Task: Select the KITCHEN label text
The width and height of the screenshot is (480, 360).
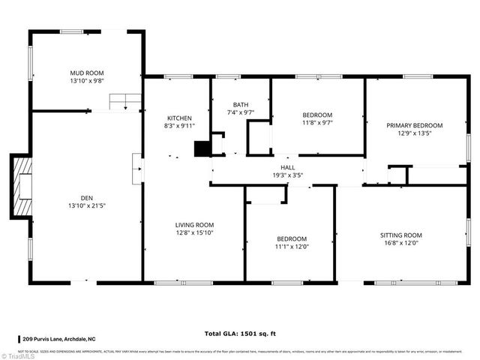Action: (x=179, y=118)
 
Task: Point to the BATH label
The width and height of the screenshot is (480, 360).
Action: (x=240, y=105)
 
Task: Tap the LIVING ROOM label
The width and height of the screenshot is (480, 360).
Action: (x=194, y=224)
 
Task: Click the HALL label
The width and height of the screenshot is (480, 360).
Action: (x=287, y=167)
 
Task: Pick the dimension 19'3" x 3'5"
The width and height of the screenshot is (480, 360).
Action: (x=287, y=175)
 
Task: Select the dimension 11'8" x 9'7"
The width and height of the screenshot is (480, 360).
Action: (x=317, y=122)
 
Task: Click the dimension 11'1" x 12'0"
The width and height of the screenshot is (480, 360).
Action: (x=291, y=246)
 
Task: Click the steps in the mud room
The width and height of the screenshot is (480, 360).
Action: (x=126, y=101)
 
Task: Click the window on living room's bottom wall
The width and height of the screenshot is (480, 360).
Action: (x=182, y=283)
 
